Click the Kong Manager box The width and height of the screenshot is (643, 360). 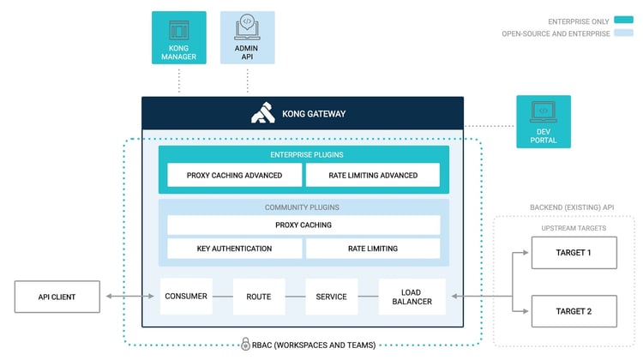178,38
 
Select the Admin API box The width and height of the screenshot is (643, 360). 248,38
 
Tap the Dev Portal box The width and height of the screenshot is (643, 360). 544,121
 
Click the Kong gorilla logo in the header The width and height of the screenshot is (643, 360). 263,113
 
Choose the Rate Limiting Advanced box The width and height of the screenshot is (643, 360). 373,175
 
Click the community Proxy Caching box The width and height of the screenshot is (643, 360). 303,225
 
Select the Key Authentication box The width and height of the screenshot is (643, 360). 234,249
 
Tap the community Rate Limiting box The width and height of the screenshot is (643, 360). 373,249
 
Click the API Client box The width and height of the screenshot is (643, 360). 57,297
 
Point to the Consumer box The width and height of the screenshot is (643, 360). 186,297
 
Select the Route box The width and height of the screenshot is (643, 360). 258,297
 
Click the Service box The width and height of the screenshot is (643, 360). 331,297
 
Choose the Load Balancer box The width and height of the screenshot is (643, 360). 412,297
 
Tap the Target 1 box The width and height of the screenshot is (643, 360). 573,254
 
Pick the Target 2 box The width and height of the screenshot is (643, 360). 573,310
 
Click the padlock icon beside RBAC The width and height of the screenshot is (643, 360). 246,345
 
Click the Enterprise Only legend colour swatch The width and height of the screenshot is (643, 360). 624,21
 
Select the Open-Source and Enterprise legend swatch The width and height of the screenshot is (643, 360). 624,34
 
